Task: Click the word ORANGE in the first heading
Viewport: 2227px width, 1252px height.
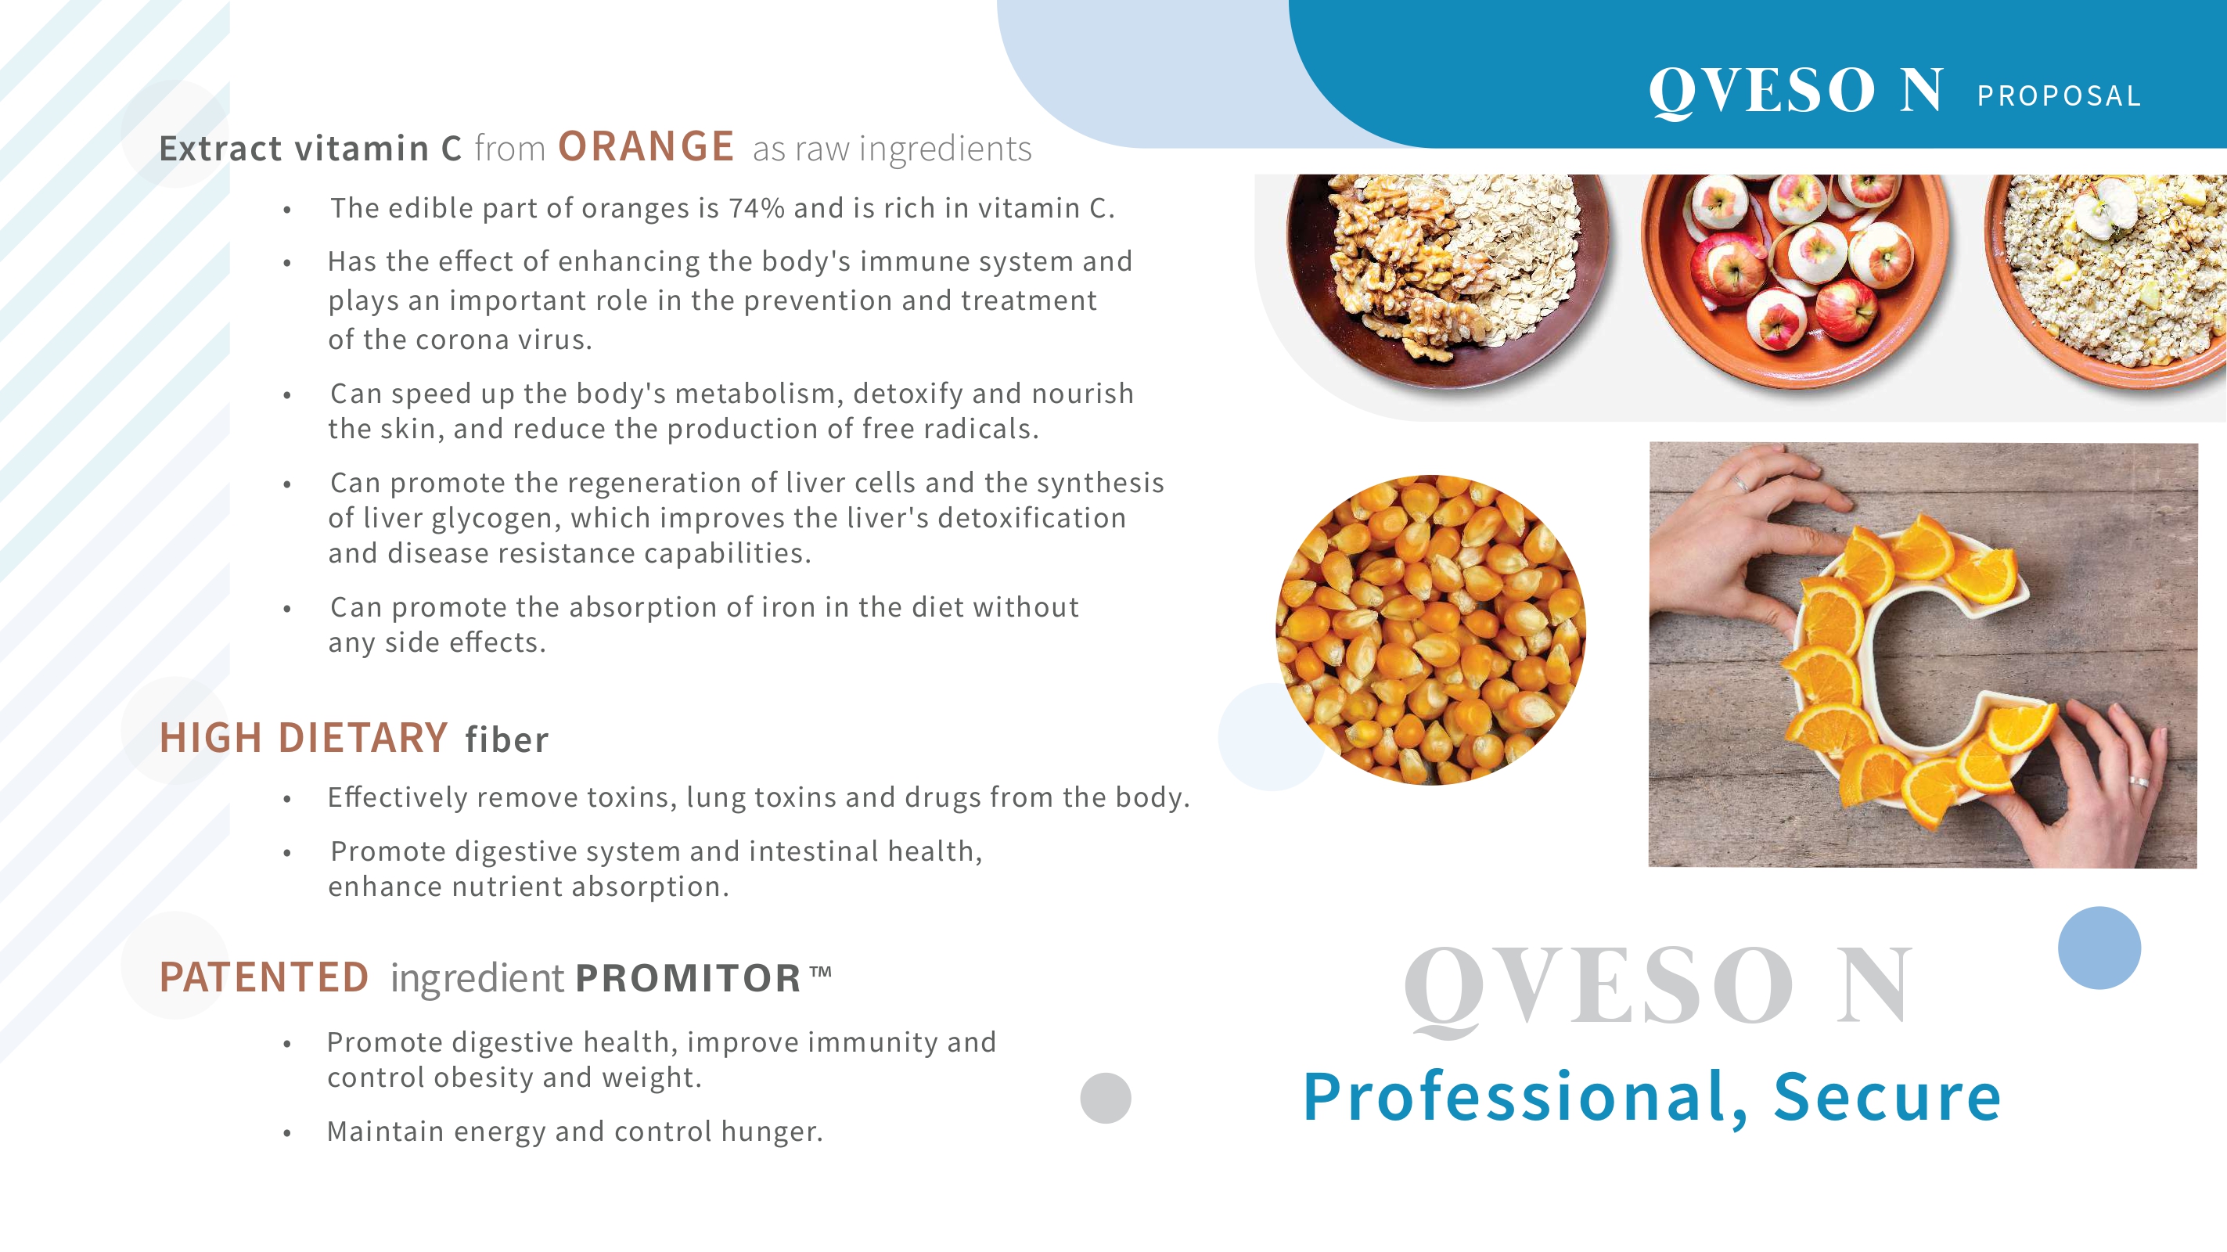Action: click(x=646, y=146)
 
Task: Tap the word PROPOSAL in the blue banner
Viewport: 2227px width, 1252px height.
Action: click(x=2059, y=96)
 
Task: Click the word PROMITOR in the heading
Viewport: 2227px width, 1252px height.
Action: click(x=688, y=978)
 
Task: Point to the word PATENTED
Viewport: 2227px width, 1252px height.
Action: click(x=264, y=977)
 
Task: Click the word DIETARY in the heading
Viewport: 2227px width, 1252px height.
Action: click(x=363, y=738)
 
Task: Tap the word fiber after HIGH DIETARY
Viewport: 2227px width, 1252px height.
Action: click(x=506, y=739)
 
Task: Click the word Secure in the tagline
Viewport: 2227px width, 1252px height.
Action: click(x=1887, y=1096)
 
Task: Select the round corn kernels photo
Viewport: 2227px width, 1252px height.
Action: click(x=1430, y=629)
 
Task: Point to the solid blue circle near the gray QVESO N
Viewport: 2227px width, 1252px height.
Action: click(x=2099, y=948)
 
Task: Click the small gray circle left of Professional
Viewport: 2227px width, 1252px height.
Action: click(x=1106, y=1098)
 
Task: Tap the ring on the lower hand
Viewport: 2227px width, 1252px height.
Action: click(x=2139, y=782)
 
